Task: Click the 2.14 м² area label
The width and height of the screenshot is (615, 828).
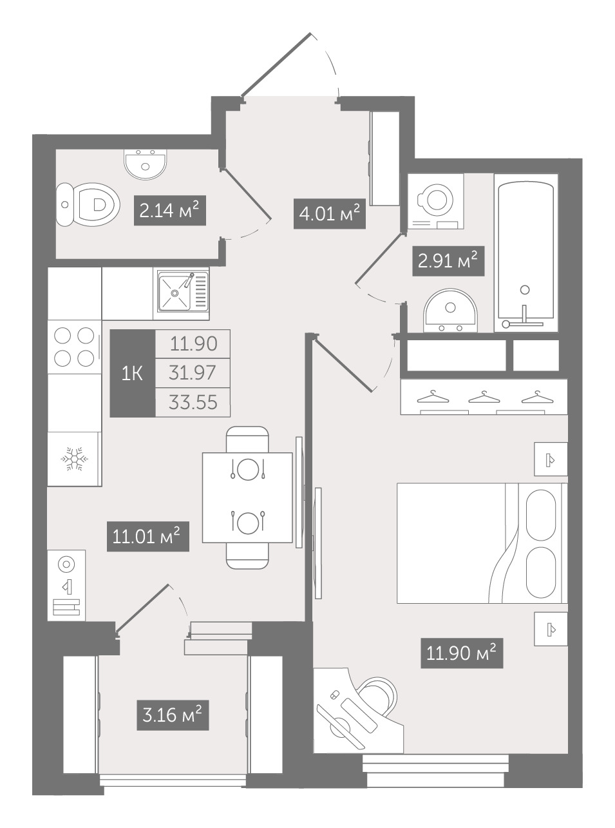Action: click(170, 211)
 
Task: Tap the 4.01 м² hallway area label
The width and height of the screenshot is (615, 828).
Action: click(330, 214)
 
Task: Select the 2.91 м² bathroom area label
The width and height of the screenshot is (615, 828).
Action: click(448, 261)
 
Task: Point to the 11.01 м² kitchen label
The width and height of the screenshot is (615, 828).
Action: click(148, 537)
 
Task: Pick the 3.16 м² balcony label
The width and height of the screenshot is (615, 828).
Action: click(173, 716)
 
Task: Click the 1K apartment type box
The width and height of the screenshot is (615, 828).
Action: click(133, 373)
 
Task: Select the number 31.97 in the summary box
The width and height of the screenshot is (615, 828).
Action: click(193, 373)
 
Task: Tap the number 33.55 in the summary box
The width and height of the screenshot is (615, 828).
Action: click(193, 403)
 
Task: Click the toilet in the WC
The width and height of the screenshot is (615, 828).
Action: click(88, 204)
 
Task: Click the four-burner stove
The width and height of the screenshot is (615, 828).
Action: click(74, 347)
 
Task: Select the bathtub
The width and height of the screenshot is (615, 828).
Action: click(526, 253)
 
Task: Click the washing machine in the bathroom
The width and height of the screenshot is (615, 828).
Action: click(435, 201)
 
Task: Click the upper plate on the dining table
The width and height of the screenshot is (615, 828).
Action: click(248, 469)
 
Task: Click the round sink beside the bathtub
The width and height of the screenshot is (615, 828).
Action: click(450, 310)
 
